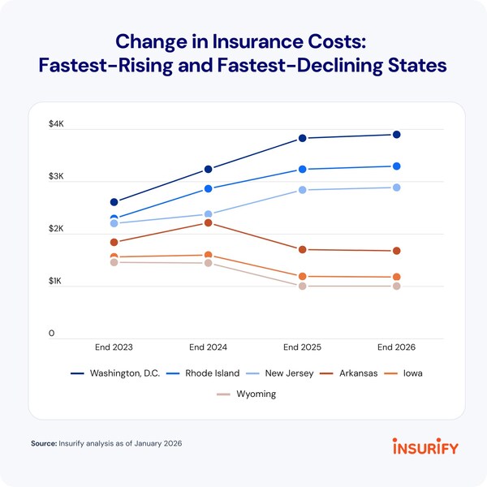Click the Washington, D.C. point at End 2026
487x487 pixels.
pos(397,135)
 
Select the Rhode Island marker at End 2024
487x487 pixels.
pos(209,188)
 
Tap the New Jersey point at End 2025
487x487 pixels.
pos(303,190)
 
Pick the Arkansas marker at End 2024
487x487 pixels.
pos(209,223)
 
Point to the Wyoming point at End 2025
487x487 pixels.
pos(303,286)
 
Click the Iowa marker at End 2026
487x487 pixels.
pos(397,278)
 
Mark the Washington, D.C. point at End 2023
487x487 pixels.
pos(114,202)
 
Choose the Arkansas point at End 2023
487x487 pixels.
pos(114,242)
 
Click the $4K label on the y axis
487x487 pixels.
pos(56,124)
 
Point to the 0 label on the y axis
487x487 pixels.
pos(52,334)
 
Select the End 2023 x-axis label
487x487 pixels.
pos(114,347)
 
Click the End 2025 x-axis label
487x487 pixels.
pos(303,347)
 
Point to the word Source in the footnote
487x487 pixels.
pos(42,445)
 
